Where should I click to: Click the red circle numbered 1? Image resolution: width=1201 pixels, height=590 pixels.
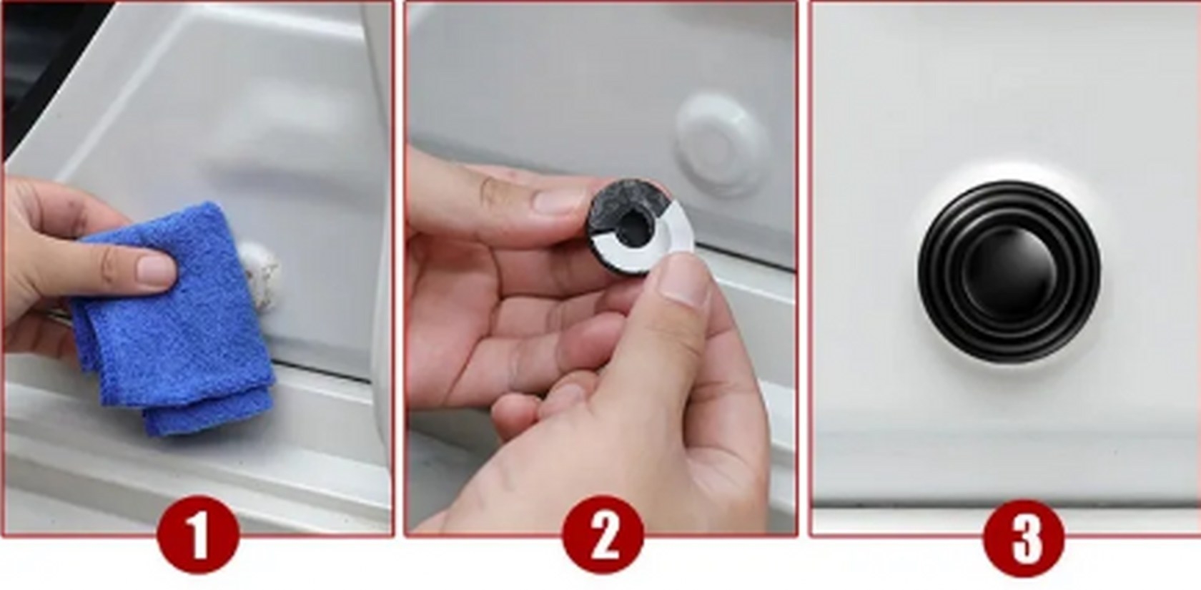(199, 535)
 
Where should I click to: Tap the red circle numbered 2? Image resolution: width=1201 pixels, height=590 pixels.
(603, 535)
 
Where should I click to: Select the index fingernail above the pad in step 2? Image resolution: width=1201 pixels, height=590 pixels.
(558, 200)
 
